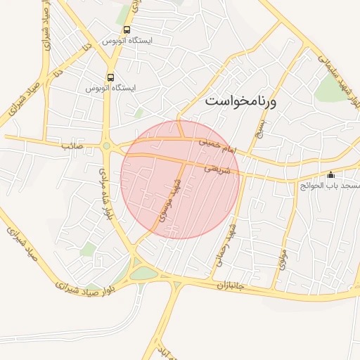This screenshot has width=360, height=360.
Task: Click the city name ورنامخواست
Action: [x=241, y=103]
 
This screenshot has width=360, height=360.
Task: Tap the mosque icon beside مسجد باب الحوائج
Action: [x=331, y=175]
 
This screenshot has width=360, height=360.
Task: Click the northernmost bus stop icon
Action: [x=127, y=30]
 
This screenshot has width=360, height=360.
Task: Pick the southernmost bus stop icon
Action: [x=110, y=77]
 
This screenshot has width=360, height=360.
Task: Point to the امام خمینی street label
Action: [x=225, y=147]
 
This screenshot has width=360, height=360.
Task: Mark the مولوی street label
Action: [x=283, y=262]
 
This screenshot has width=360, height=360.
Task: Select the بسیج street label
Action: [x=261, y=126]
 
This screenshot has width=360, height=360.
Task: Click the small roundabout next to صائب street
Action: [x=106, y=146]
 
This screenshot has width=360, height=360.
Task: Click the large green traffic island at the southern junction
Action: [x=143, y=274]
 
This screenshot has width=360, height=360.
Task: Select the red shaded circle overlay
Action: [x=181, y=180]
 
